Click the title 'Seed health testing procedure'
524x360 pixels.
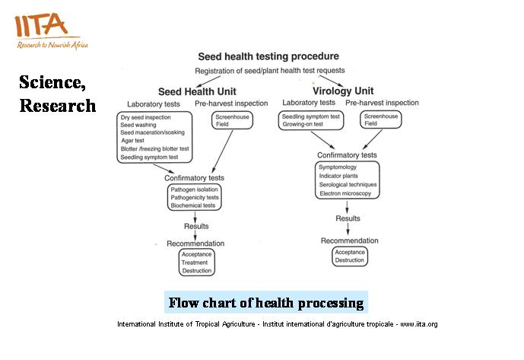point(268,56)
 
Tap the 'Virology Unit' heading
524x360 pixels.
point(348,91)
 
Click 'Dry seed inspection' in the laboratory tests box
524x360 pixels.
point(146,117)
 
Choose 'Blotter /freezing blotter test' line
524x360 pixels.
point(155,149)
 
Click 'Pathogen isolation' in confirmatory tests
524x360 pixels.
point(195,189)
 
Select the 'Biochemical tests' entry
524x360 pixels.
point(193,205)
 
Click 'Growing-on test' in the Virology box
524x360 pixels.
point(306,124)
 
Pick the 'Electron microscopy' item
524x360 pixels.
point(345,193)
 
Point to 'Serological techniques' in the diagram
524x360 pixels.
point(348,184)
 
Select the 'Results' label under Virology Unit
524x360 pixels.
point(348,218)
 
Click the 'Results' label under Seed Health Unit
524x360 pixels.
point(196,226)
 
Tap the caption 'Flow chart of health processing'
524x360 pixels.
point(266,303)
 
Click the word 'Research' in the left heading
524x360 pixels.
point(58,106)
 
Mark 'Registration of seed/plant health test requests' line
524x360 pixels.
point(268,71)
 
